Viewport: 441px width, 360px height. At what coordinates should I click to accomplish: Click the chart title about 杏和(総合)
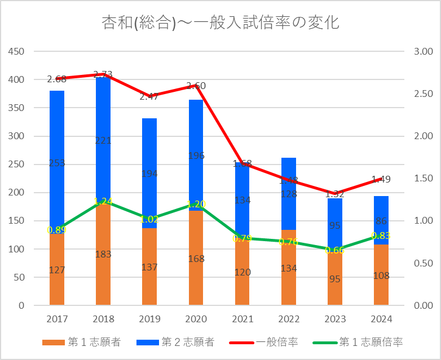click(x=220, y=23)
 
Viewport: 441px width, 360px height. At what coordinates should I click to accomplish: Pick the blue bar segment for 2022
click(x=289, y=192)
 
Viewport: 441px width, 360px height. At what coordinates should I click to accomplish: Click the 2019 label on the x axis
click(x=149, y=319)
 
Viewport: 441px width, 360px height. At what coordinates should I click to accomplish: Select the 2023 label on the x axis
click(x=335, y=319)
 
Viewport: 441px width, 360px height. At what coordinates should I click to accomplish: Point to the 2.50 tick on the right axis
click(x=422, y=94)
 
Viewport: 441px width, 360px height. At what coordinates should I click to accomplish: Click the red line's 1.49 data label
click(x=381, y=180)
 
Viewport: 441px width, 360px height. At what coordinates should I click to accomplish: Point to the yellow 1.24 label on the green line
click(x=103, y=201)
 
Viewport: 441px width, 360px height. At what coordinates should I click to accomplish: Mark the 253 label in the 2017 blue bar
click(x=57, y=163)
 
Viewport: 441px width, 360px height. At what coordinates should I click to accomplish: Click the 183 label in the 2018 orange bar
click(x=103, y=254)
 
